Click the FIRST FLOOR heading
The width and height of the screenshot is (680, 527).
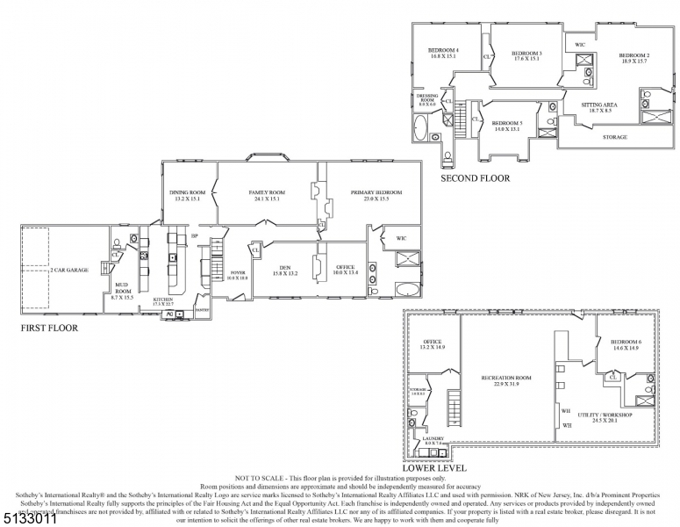pyautogui.click(x=49, y=328)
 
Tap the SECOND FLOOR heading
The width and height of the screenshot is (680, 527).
pyautogui.click(x=475, y=177)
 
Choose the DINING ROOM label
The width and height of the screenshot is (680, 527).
pyautogui.click(x=189, y=192)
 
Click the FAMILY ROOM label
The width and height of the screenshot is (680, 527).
pyautogui.click(x=267, y=192)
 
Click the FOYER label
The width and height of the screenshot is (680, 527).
pyautogui.click(x=238, y=273)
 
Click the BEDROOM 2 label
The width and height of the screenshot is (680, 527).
pyautogui.click(x=633, y=54)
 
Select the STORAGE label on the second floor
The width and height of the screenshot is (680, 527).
pyautogui.click(x=614, y=137)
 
